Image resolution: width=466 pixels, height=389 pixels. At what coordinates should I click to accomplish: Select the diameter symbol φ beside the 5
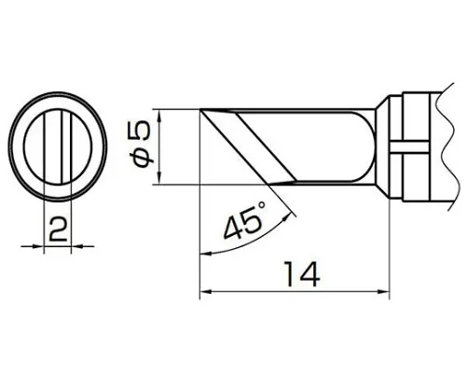click(x=144, y=158)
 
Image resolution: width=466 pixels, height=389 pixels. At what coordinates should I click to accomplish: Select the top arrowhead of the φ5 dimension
click(x=160, y=116)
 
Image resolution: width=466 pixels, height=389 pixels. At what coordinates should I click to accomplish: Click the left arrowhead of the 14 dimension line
click(x=204, y=292)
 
